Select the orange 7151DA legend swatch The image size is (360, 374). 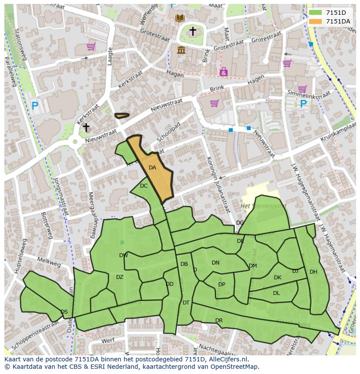point(316,21)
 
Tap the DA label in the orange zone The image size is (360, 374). point(152,168)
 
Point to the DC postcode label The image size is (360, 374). point(144,186)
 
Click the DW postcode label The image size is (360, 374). point(123,255)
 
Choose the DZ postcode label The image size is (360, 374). point(120,277)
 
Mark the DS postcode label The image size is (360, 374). point(64,312)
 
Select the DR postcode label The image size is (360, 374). point(219,321)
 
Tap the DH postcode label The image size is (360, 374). point(313,272)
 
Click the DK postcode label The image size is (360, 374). point(277,278)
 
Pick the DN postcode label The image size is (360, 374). point(216,263)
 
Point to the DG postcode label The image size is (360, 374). point(240,223)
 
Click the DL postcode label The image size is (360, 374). point(277,293)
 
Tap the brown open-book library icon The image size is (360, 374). point(180,18)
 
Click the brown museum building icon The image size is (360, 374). point(181,50)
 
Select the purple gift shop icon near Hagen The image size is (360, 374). point(223,72)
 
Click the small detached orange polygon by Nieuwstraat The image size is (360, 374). point(122,116)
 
